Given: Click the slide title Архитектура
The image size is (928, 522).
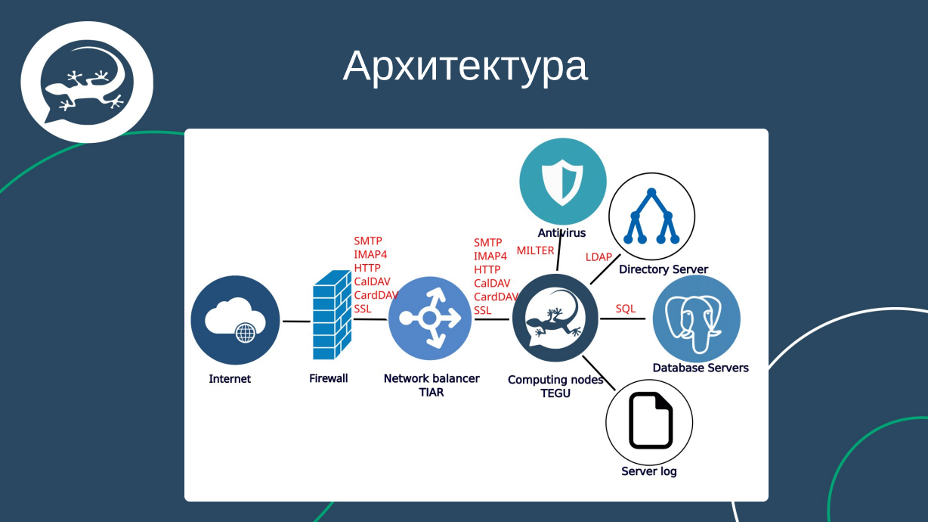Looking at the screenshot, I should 465,66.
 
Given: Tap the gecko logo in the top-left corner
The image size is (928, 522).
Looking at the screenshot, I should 86,82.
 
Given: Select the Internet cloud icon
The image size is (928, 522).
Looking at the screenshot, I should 235,320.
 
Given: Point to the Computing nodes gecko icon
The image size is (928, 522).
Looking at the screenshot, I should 555,318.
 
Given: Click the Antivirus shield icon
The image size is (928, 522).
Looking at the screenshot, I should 563,182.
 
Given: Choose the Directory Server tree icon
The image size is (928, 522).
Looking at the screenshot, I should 651,216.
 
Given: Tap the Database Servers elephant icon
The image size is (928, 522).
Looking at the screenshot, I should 696,318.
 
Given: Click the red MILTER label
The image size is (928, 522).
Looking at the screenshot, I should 535,250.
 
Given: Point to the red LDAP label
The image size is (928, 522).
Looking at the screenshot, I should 599,257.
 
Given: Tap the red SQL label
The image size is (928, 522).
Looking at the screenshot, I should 626,309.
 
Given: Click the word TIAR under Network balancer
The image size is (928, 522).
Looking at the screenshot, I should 432,392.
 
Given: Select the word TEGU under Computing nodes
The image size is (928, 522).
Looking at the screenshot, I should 555,393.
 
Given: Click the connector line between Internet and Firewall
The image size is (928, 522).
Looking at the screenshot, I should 296,322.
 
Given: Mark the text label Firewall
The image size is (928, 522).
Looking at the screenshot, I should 329,378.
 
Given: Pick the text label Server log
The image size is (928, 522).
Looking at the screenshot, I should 649,471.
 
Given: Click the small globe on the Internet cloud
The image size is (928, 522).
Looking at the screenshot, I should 246,333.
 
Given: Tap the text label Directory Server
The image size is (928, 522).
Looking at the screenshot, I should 664,269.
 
